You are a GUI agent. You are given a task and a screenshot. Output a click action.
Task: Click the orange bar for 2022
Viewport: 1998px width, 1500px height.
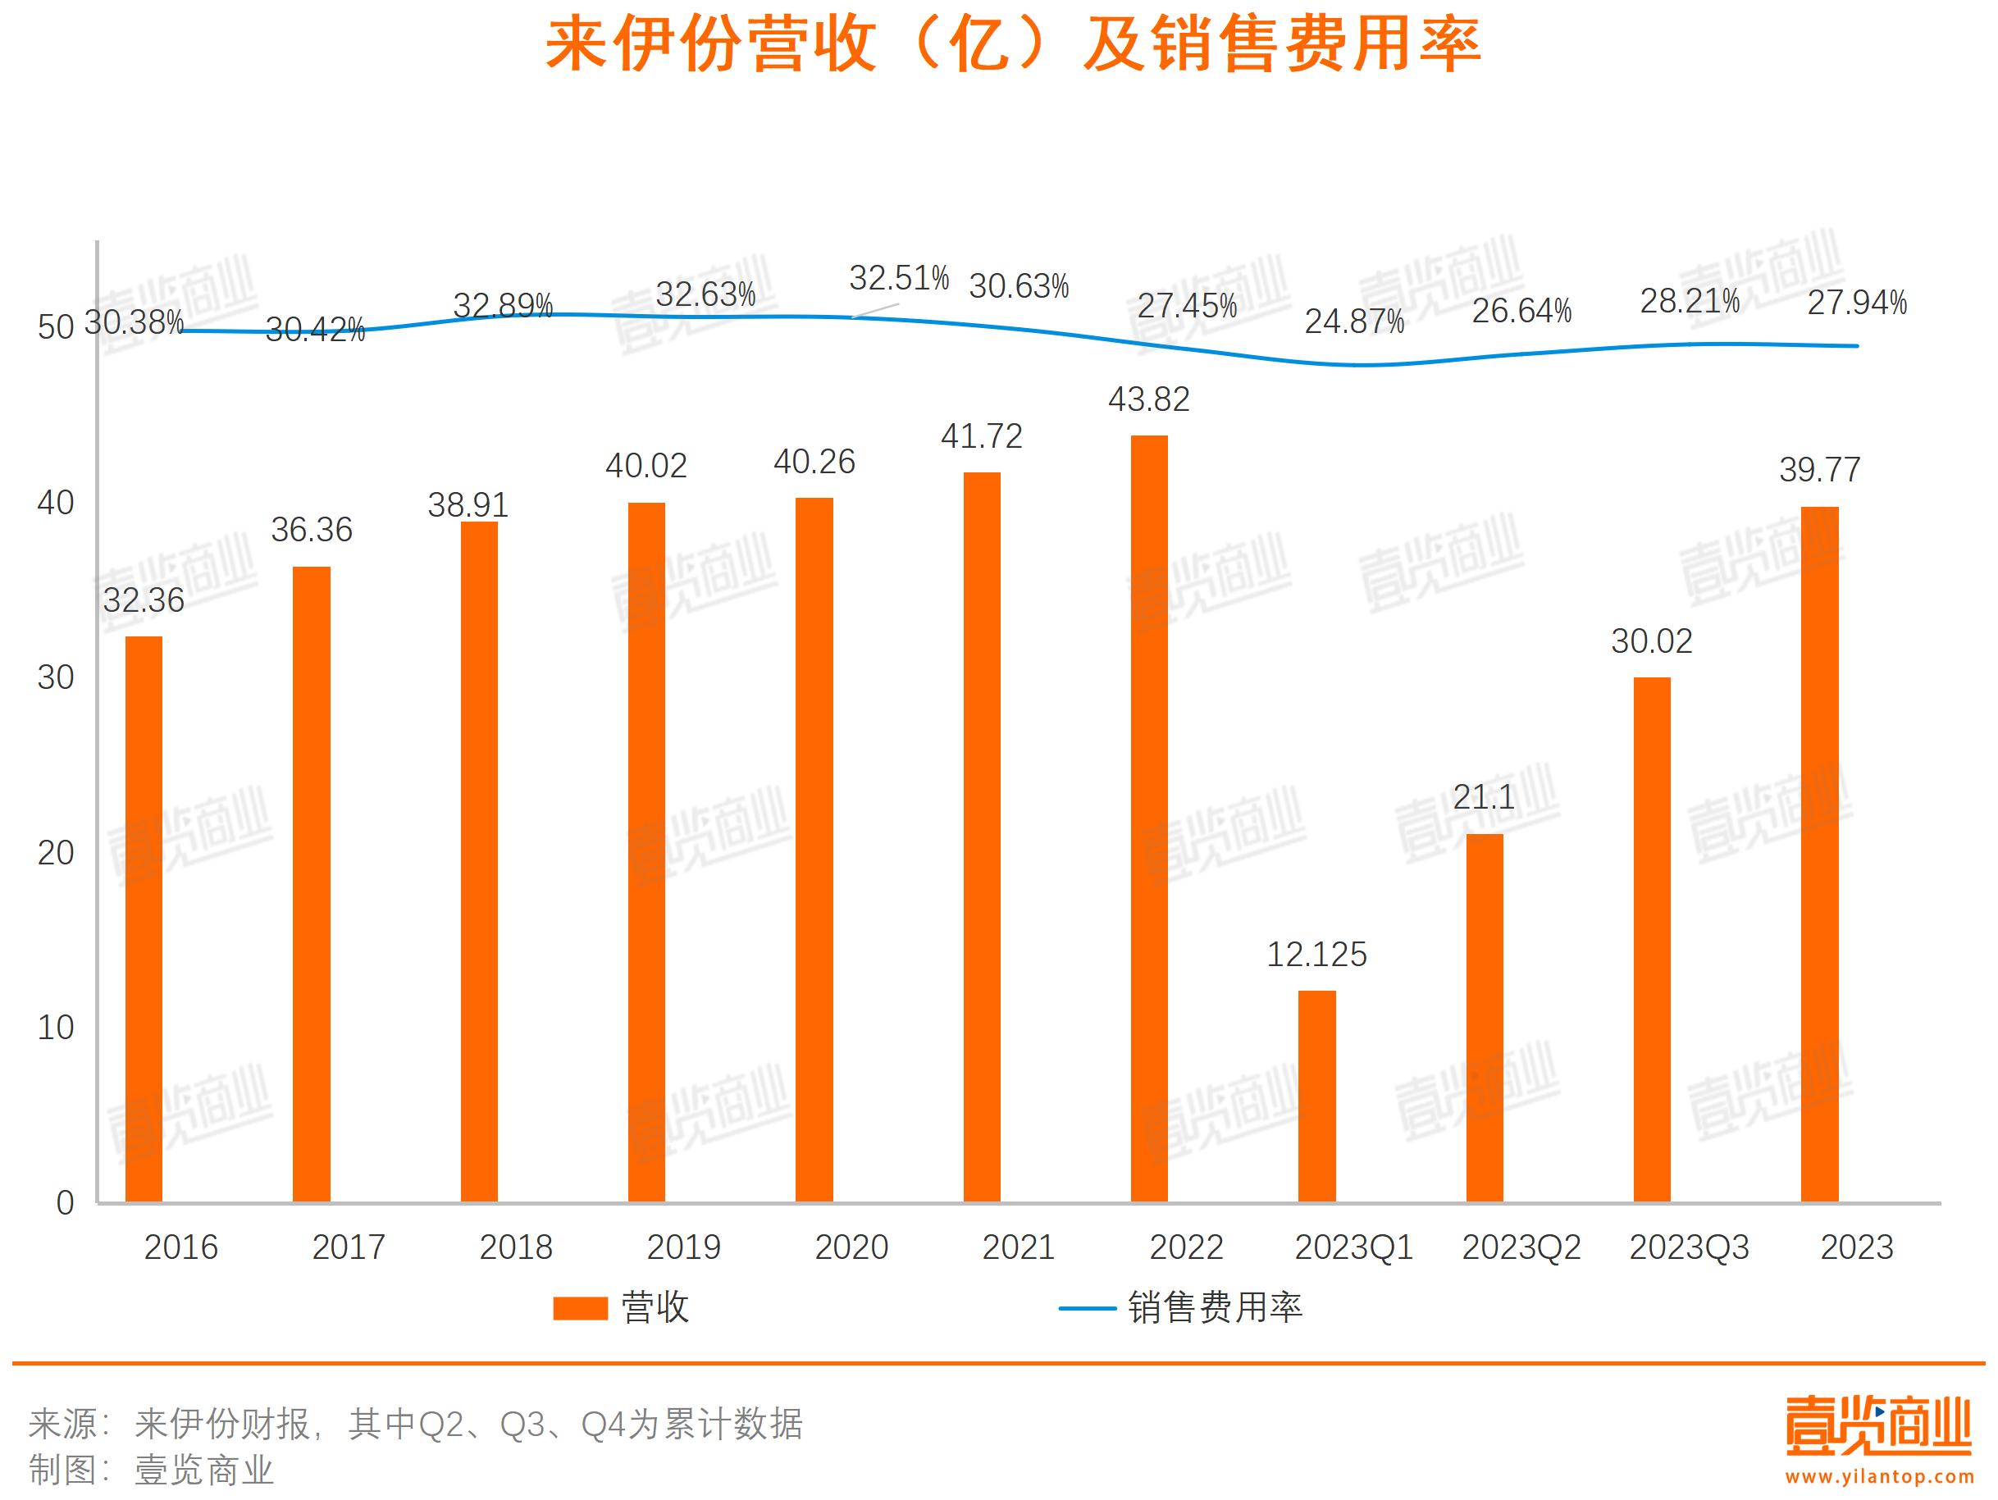pyautogui.click(x=1149, y=818)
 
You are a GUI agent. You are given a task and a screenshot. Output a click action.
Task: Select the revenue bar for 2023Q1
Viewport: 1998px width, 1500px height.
pyautogui.click(x=1316, y=1096)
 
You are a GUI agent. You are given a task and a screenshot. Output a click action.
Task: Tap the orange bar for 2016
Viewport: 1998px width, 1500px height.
pyautogui.click(x=144, y=919)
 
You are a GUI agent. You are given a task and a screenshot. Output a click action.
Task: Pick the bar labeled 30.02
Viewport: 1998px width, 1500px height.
pyautogui.click(x=1651, y=939)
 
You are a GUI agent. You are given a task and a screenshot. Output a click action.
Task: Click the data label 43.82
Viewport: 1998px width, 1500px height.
pyautogui.click(x=1149, y=399)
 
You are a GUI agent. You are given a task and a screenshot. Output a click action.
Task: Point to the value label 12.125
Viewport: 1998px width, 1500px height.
pyautogui.click(x=1316, y=955)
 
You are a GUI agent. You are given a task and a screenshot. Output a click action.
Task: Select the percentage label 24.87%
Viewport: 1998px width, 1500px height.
pyautogui.click(x=1354, y=321)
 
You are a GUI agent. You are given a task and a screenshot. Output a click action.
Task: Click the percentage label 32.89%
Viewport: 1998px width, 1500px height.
pyautogui.click(x=502, y=306)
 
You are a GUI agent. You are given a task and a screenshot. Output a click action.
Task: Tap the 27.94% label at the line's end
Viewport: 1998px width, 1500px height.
pyautogui.click(x=1856, y=303)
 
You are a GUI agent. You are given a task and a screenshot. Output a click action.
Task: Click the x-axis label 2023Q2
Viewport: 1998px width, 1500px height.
pyautogui.click(x=1521, y=1247)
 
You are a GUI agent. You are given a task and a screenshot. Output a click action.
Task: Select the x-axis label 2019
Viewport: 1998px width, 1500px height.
pyautogui.click(x=684, y=1247)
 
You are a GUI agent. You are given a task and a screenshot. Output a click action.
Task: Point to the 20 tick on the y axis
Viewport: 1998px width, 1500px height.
pyautogui.click(x=55, y=852)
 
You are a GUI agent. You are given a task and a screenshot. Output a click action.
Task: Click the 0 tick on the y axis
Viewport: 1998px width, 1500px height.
pyautogui.click(x=64, y=1203)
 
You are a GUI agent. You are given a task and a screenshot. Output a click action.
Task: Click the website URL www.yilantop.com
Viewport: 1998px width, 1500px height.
pyautogui.click(x=1880, y=1476)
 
